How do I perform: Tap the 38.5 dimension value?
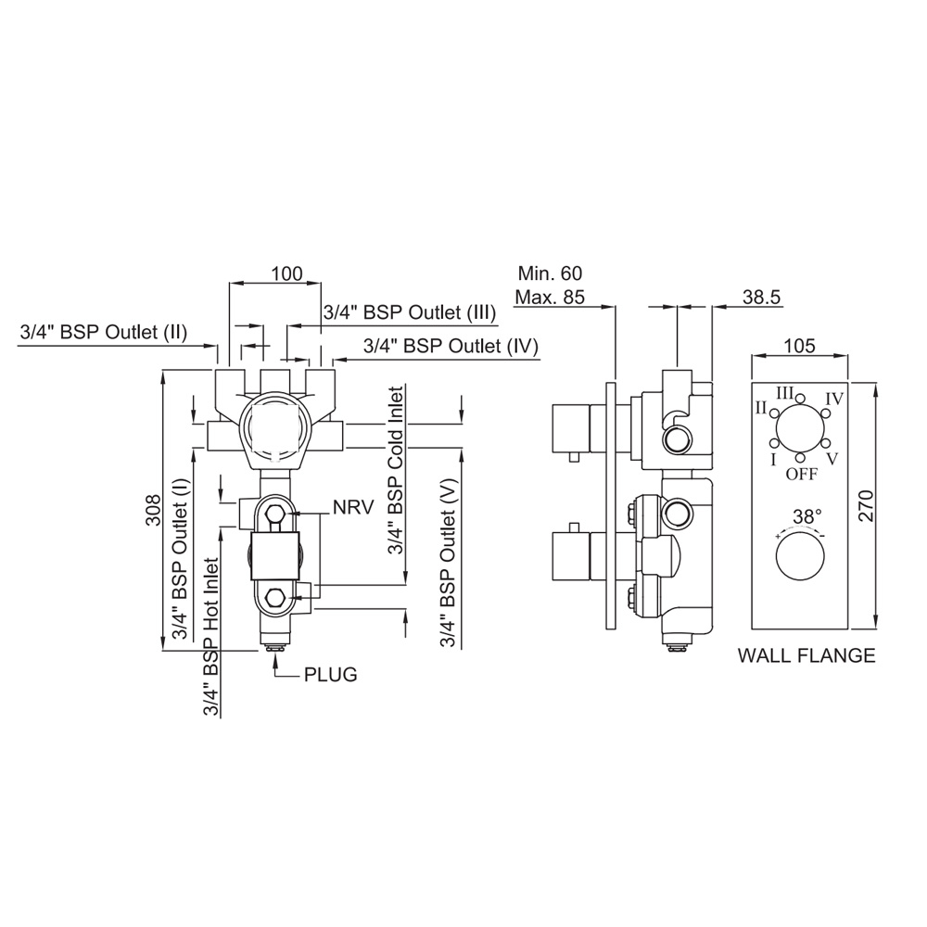[762, 297]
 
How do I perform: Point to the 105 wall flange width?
[798, 346]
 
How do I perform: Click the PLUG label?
[330, 674]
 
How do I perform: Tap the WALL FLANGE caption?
[806, 656]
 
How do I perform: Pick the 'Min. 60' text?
[550, 274]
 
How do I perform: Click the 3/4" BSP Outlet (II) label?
[103, 332]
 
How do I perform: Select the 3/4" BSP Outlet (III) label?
[409, 312]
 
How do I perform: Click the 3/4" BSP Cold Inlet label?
[396, 470]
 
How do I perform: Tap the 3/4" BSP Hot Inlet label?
[212, 637]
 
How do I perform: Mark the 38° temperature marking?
[799, 516]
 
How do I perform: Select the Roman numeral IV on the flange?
[833, 399]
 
